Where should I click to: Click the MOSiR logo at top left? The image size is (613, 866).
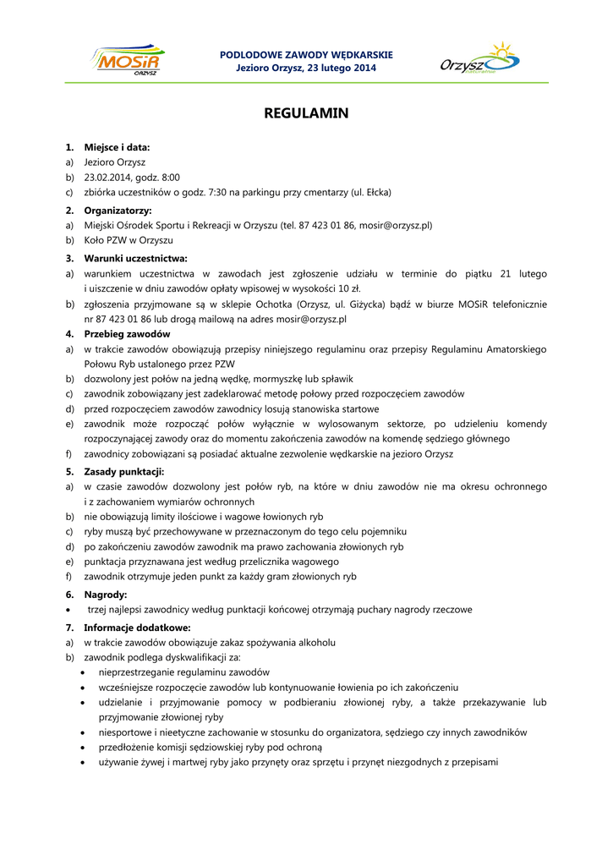tap(129, 61)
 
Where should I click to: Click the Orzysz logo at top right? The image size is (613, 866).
tap(479, 61)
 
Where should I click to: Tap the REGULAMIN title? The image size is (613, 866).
tap(306, 112)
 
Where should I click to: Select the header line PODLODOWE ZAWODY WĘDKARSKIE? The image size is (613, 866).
tap(306, 55)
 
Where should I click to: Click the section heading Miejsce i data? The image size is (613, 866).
tap(117, 147)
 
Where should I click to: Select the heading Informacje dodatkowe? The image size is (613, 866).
tap(137, 628)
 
